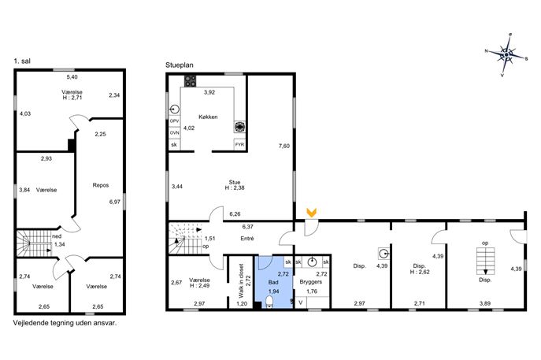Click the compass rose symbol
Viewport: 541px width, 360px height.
[506, 54]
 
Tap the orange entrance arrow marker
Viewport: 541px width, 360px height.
[312, 212]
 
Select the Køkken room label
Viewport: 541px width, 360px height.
[208, 117]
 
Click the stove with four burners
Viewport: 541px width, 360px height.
[190, 81]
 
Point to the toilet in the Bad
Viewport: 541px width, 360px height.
[269, 302]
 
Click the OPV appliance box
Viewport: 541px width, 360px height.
[175, 121]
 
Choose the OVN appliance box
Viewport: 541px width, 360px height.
[175, 132]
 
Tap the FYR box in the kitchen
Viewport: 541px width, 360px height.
[239, 145]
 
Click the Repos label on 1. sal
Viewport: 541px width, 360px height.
[101, 185]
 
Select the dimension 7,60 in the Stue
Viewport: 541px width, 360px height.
[284, 146]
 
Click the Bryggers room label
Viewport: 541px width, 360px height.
[311, 282]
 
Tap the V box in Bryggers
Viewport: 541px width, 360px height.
[301, 302]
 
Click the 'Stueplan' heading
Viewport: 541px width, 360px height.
[180, 65]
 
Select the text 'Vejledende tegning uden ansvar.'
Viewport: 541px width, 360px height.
[65, 323]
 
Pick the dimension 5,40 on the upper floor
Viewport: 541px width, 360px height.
[72, 77]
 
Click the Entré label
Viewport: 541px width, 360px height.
[247, 239]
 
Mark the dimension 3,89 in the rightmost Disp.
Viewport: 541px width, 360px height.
[485, 303]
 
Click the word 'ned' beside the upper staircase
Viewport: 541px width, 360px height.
[57, 236]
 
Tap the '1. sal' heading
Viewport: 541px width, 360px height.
[22, 61]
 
